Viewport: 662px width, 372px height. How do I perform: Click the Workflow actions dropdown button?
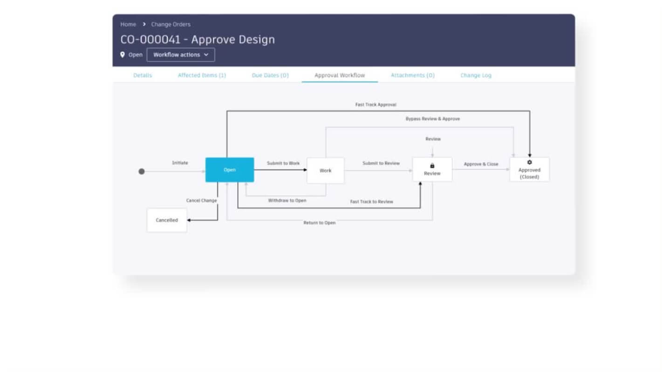click(x=181, y=54)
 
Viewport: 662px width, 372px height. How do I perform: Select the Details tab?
click(x=143, y=75)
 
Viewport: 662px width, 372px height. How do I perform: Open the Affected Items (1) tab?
click(x=202, y=75)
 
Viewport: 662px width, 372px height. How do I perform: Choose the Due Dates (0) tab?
click(x=270, y=75)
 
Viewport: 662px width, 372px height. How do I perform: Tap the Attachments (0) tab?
click(x=413, y=75)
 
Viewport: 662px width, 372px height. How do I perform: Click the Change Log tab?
click(x=476, y=75)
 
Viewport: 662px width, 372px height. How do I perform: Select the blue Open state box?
click(x=230, y=170)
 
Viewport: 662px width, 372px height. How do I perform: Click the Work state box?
click(x=325, y=170)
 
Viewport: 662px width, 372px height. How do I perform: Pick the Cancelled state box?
click(x=167, y=220)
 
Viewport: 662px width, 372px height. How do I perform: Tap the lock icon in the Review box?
click(x=432, y=166)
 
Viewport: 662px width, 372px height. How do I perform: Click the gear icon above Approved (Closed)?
click(x=529, y=162)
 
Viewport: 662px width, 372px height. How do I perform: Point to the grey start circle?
click(x=142, y=172)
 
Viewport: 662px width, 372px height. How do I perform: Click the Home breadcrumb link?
click(x=128, y=24)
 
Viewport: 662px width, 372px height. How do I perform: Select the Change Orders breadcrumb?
click(x=171, y=24)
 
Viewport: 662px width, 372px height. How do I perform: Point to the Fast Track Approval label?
click(x=375, y=105)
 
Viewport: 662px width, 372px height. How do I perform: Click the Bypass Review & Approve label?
click(x=433, y=119)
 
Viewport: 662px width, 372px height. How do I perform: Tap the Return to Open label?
click(x=319, y=223)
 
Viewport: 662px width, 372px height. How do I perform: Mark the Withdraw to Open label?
click(x=287, y=200)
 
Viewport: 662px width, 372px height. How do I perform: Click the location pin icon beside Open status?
click(x=123, y=54)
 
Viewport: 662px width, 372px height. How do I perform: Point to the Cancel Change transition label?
click(x=201, y=200)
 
